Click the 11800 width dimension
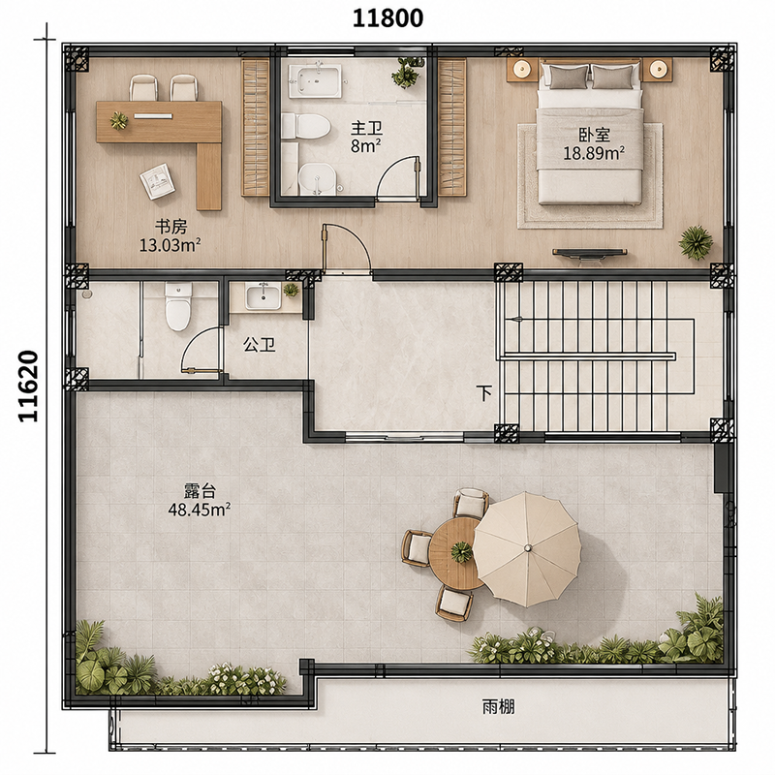click(387, 18)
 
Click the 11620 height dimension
click(29, 386)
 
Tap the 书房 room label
click(171, 228)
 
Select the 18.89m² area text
click(594, 153)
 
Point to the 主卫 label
click(367, 129)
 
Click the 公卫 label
click(259, 345)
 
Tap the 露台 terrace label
click(201, 491)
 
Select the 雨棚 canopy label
click(498, 707)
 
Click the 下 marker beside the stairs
click(485, 393)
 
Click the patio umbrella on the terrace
click(528, 548)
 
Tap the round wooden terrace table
click(455, 553)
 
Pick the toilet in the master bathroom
click(305, 127)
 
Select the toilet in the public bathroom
click(177, 306)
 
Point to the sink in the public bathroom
click(263, 296)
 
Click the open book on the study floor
click(157, 181)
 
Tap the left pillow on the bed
click(566, 77)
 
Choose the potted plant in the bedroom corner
click(696, 243)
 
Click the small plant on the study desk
click(119, 121)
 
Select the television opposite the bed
click(590, 254)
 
